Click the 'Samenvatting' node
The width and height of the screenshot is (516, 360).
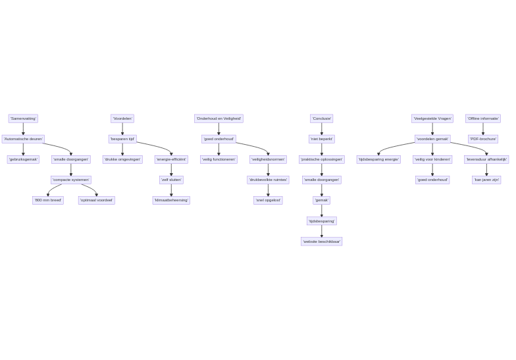coord(23,118)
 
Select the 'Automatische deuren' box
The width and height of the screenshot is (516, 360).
coord(23,139)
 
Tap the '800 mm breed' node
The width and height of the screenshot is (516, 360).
coord(48,200)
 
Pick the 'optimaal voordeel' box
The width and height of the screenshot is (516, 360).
coord(96,200)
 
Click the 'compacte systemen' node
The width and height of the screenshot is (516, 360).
coord(71,180)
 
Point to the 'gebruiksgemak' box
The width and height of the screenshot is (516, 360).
coord(23,159)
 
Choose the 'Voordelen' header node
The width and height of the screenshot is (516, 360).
coord(122,118)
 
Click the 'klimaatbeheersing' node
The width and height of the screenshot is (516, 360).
coord(171,200)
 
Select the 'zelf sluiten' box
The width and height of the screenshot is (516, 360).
coord(171,180)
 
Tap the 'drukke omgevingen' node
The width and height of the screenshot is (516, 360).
coord(122,159)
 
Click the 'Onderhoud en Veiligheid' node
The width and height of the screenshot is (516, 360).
coord(219,118)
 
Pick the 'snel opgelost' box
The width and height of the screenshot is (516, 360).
coord(268,200)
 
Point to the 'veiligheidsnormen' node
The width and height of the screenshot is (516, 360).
coord(268,159)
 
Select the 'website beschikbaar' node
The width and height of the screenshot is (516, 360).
coord(322,242)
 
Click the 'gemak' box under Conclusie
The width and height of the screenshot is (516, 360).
coord(322,200)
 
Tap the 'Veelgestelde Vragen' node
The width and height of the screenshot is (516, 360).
coord(432,118)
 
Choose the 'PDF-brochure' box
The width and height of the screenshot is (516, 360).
coord(483,139)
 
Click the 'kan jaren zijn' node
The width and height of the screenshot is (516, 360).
coord(486,180)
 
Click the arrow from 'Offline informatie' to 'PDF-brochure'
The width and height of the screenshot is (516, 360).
coord(483,129)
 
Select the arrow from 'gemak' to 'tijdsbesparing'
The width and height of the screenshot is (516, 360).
coord(322,211)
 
